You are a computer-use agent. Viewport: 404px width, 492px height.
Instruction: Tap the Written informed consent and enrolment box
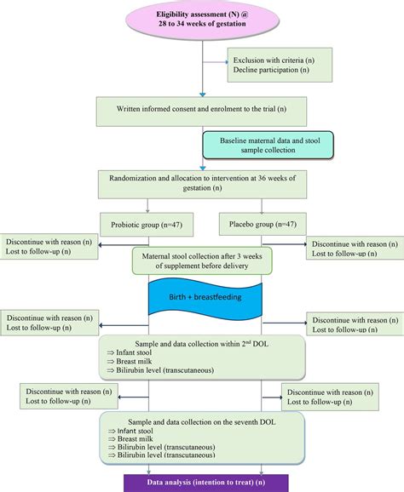tap(202, 110)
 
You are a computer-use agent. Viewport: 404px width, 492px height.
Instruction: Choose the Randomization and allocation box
tap(202, 183)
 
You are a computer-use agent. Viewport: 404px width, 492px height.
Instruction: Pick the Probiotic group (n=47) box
tap(148, 226)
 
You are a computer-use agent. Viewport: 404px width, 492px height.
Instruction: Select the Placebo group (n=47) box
tap(257, 226)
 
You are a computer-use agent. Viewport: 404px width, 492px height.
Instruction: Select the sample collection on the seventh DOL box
tap(202, 438)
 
